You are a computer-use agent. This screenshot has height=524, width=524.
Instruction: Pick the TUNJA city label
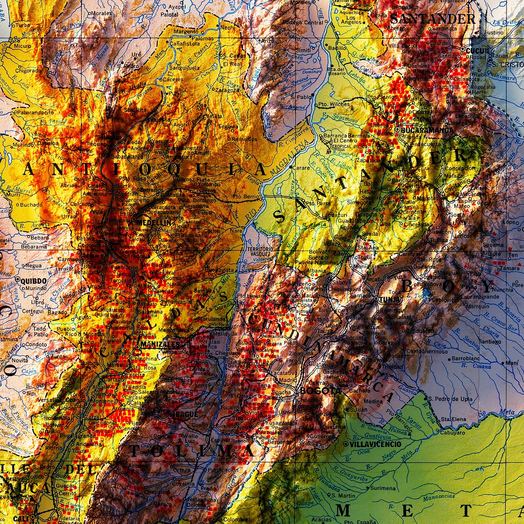click(x=391, y=300)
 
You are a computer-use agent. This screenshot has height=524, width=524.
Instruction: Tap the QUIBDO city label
click(x=33, y=281)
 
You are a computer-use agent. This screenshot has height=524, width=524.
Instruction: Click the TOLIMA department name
click(x=192, y=451)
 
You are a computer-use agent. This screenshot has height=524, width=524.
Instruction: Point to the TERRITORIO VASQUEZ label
click(x=260, y=252)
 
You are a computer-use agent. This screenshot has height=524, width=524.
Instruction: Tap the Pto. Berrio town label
click(x=247, y=197)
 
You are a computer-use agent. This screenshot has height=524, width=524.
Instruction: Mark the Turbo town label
click(x=23, y=25)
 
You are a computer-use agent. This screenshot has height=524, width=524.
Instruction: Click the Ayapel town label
click(x=177, y=7)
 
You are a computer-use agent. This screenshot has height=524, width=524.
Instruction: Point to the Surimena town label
click(x=383, y=488)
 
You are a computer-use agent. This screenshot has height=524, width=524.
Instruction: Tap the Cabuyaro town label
click(x=453, y=432)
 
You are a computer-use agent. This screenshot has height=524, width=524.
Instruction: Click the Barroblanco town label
click(x=466, y=359)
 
